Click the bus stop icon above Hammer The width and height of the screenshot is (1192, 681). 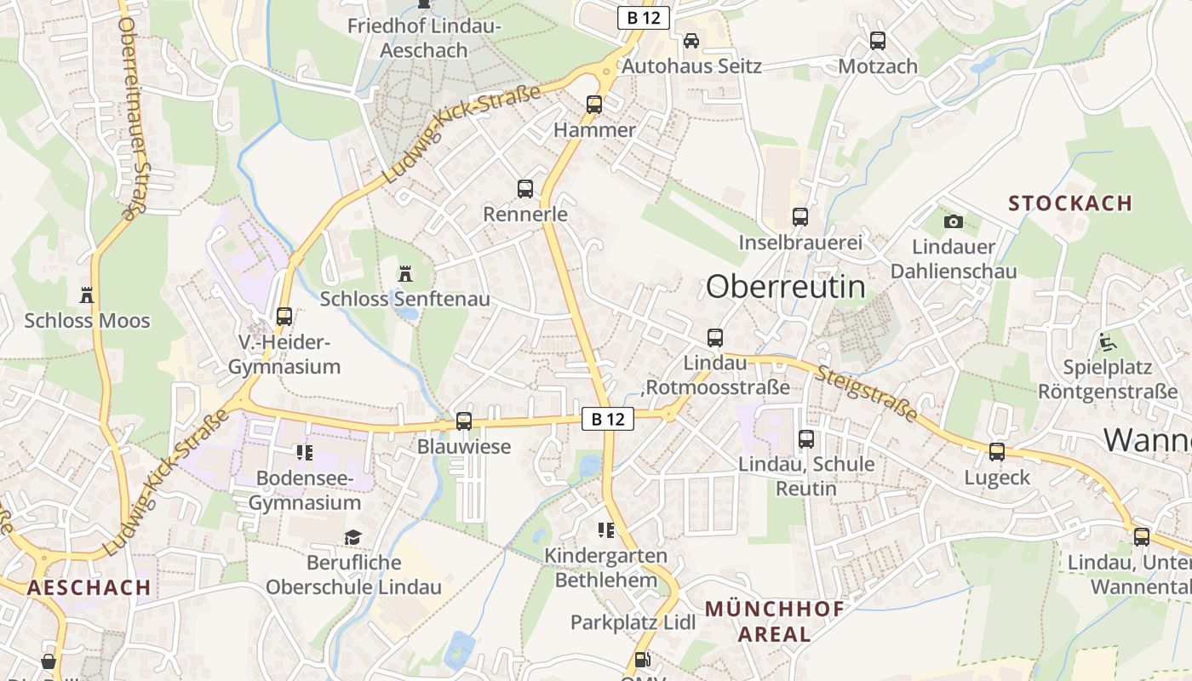(594, 105)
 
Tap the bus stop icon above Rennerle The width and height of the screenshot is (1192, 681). (525, 189)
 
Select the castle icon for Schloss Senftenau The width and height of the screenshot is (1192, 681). (405, 274)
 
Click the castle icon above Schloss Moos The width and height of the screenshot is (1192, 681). (86, 295)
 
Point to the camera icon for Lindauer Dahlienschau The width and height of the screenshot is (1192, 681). (954, 221)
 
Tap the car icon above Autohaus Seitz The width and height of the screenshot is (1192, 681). (691, 40)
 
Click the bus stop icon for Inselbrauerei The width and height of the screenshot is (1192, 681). (800, 216)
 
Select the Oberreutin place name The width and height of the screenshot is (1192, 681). (785, 287)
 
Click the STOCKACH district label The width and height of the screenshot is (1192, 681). (1070, 203)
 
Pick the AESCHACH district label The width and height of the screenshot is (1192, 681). (89, 587)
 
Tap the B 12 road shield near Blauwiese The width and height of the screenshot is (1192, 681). (608, 418)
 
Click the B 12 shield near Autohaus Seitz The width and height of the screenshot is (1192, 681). (644, 17)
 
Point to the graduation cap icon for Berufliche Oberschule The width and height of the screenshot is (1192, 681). (352, 537)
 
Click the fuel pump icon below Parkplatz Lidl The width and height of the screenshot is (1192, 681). (643, 659)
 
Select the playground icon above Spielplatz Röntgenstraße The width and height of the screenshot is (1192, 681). (1107, 342)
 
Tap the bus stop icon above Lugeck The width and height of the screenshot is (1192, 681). (997, 452)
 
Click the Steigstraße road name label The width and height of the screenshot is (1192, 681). (868, 393)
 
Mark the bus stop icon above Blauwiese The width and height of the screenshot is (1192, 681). (464, 421)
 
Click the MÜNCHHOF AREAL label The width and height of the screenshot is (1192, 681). (774, 621)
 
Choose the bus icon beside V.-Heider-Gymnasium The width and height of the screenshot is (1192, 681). (284, 317)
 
